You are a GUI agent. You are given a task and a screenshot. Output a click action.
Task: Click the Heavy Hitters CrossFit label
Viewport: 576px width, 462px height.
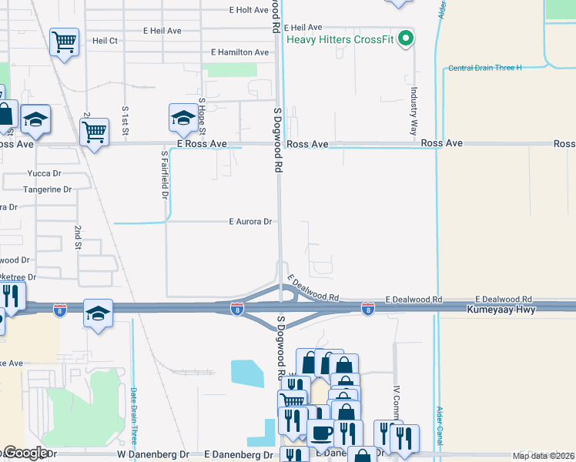pyautogui.click(x=340, y=39)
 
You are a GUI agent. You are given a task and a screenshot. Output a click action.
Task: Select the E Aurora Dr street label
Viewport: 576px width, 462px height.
pyautogui.click(x=251, y=221)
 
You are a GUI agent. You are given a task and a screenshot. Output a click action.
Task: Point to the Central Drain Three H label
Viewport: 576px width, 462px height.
pyautogui.click(x=485, y=68)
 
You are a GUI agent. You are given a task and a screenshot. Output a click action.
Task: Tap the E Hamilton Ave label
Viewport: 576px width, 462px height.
pyautogui.click(x=240, y=52)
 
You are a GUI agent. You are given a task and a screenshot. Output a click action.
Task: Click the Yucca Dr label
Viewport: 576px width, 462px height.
pyautogui.click(x=44, y=173)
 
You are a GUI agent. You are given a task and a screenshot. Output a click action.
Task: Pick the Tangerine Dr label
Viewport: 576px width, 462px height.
pyautogui.click(x=47, y=189)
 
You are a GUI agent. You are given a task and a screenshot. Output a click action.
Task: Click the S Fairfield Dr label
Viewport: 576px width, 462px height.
pyautogui.click(x=164, y=174)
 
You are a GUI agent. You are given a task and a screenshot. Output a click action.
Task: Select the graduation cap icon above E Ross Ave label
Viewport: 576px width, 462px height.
pyautogui.click(x=183, y=118)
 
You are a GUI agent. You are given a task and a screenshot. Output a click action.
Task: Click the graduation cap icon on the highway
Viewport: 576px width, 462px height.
pyautogui.click(x=98, y=313)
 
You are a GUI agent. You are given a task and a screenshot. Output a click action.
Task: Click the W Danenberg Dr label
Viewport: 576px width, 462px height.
pyautogui.click(x=153, y=454)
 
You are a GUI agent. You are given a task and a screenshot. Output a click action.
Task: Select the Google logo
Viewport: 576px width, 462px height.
pyautogui.click(x=25, y=454)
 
